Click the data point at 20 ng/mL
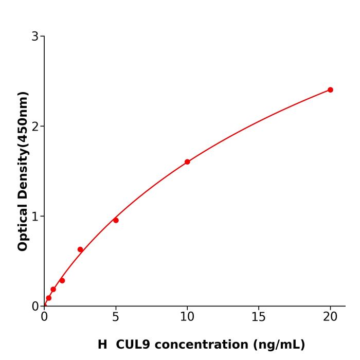[330, 90]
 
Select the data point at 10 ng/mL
[187, 162]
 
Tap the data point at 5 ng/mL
[116, 220]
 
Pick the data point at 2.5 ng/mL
[80, 249]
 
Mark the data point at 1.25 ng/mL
[62, 280]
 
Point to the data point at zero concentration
[45, 305]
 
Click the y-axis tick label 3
[35, 37]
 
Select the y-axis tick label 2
[35, 127]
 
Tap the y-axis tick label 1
[35, 217]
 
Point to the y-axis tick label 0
[35, 307]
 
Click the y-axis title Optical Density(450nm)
[23, 171]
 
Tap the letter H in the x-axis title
[102, 345]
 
